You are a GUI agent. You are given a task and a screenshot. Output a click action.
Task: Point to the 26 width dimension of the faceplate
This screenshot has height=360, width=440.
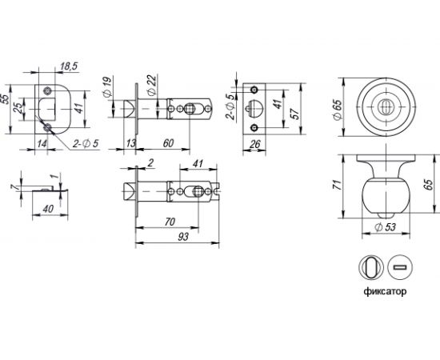click(254, 145)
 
